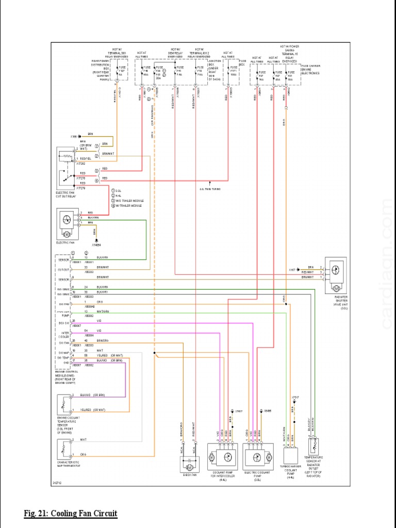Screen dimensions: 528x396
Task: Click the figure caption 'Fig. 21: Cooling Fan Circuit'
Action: [71, 514]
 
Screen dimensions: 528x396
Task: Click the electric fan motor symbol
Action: [66, 220]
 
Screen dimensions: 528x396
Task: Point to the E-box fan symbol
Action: [188, 465]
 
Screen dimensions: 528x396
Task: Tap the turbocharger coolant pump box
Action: [292, 457]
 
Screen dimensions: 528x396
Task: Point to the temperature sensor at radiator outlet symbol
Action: [312, 445]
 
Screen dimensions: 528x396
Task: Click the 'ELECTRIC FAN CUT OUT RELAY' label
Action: [66, 194]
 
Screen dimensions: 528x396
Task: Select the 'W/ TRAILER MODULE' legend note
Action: [130, 206]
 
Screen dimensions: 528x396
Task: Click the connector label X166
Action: [74, 137]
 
